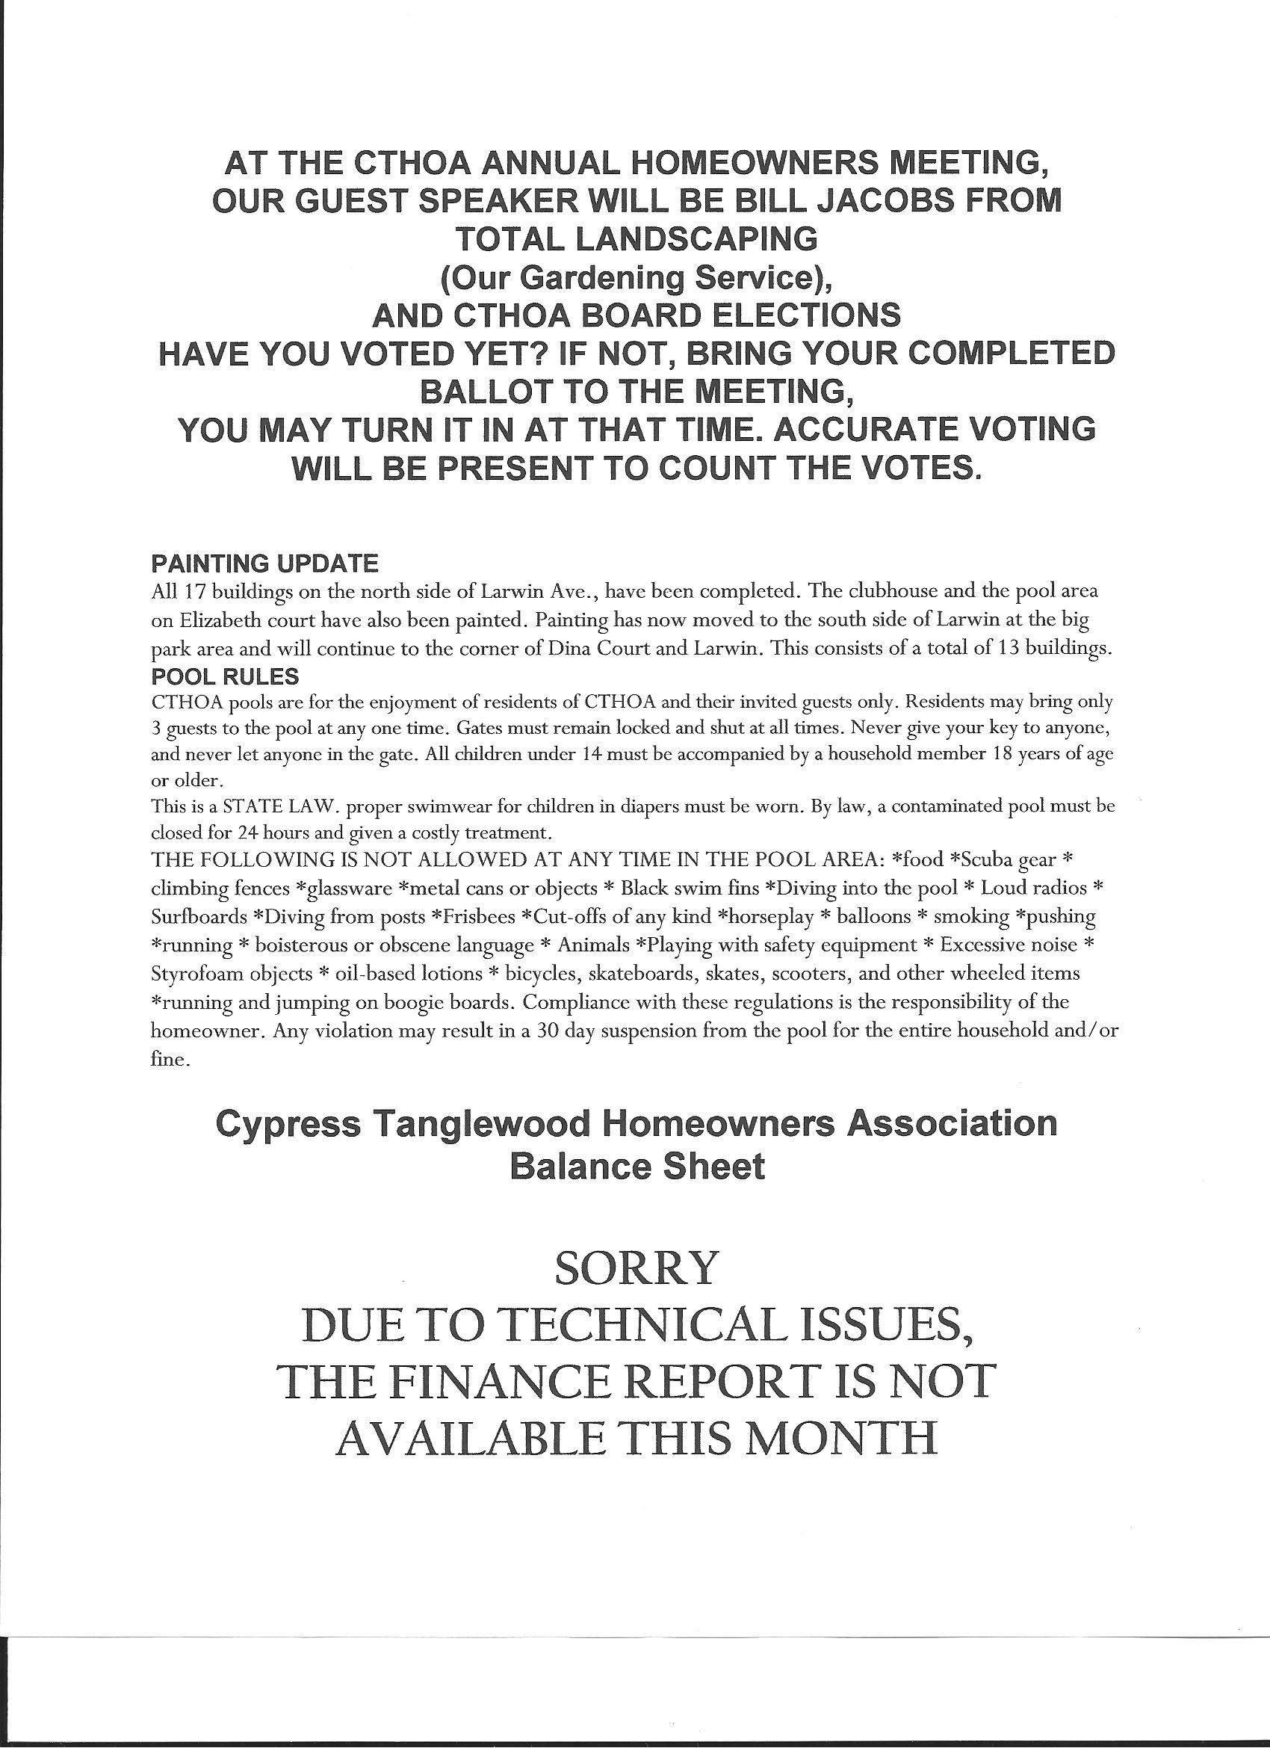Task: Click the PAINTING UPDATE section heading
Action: [264, 563]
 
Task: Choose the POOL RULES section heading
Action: [225, 676]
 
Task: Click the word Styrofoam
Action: [199, 974]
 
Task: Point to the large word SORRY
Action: [636, 1267]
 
